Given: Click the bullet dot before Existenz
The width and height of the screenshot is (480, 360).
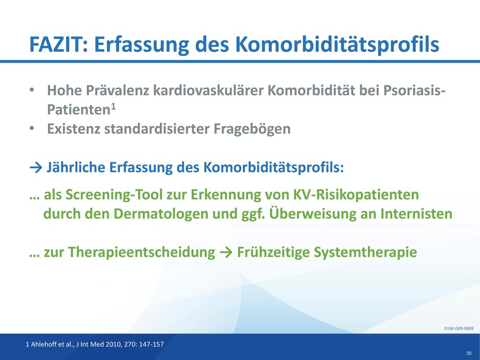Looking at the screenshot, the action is [x=31, y=128].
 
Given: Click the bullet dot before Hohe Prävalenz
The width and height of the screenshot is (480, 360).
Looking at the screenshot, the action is [x=31, y=90].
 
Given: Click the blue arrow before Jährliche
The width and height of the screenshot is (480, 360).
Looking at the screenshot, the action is [x=36, y=168].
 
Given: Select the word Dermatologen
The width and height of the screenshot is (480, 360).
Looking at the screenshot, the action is [x=161, y=214].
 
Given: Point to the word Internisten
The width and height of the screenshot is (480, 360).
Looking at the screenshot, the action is [x=416, y=214].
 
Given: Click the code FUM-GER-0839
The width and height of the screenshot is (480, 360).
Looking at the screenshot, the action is [x=459, y=329].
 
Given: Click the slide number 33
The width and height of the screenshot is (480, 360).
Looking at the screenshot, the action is [x=469, y=353].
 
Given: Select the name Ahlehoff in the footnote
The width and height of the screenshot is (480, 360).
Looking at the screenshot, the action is [x=44, y=345].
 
